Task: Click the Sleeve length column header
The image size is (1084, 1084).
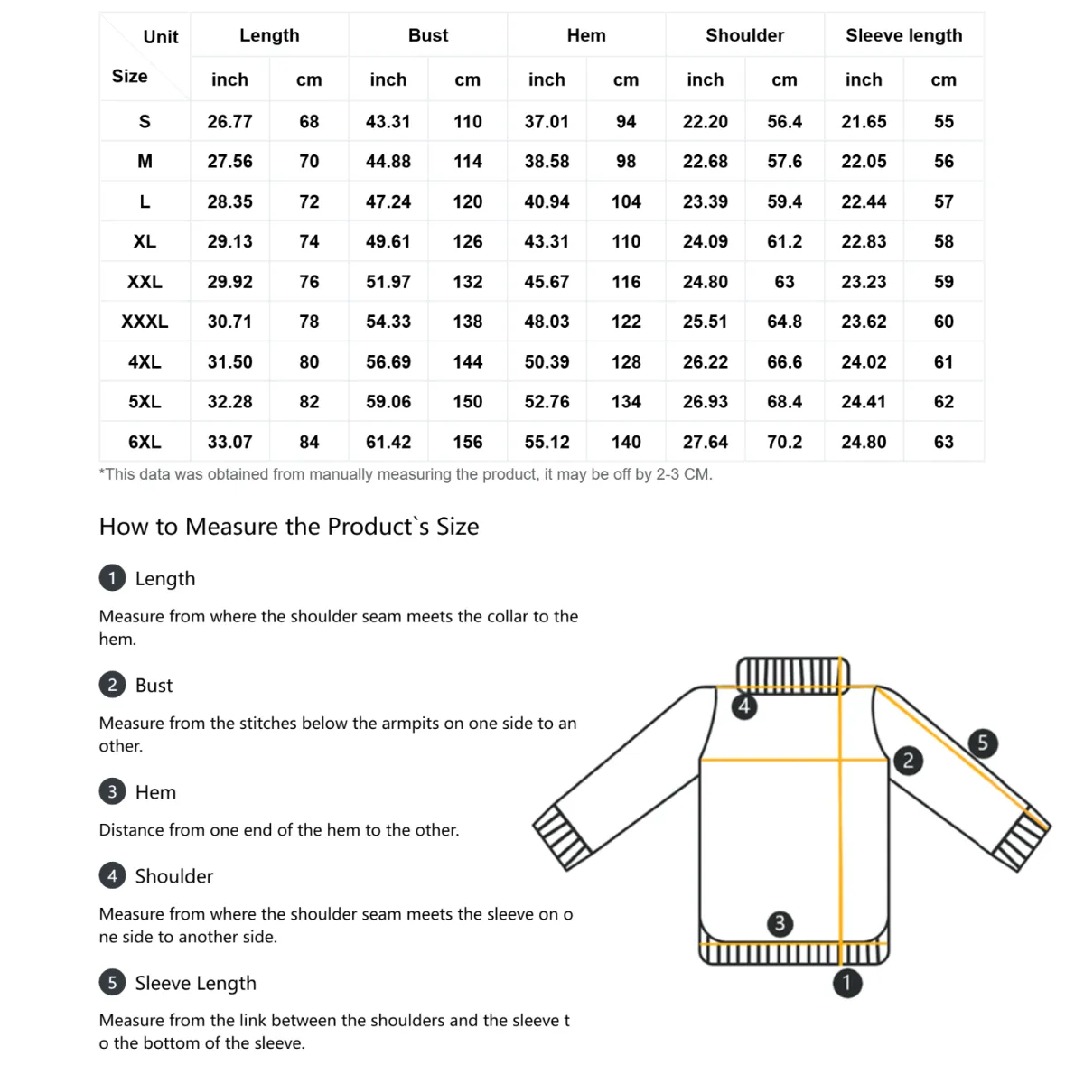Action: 903,35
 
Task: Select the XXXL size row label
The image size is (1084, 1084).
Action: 145,322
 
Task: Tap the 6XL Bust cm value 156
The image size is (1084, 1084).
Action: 467,442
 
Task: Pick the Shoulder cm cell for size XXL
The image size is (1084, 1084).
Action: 784,282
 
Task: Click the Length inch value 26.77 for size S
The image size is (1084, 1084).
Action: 229,121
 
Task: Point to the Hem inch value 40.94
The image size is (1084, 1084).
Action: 547,201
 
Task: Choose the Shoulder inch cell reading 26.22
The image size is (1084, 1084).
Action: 705,361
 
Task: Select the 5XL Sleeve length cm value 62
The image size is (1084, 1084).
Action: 943,401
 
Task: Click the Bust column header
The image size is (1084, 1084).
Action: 427,35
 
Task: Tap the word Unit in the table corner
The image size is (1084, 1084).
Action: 161,37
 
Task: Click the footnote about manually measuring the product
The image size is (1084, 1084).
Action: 406,474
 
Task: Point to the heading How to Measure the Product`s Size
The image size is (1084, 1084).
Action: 289,527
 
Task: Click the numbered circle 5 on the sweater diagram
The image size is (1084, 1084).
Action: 983,743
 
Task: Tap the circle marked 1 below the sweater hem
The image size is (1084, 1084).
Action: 846,983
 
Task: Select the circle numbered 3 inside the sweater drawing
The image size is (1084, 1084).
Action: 780,923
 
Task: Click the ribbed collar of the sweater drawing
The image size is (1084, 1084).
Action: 793,674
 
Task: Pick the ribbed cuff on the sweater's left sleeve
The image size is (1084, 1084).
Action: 562,836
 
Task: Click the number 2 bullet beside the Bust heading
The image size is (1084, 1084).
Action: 112,685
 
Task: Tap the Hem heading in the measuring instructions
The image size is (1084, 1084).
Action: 155,792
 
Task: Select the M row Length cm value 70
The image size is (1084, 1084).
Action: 309,162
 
